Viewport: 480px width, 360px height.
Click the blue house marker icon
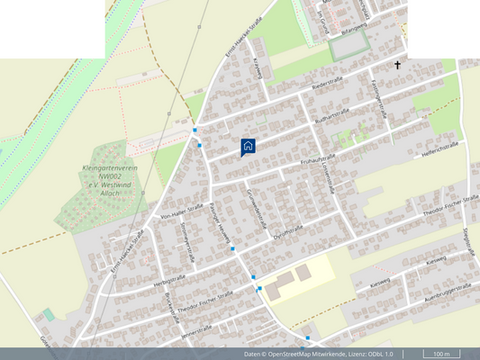click(x=249, y=146)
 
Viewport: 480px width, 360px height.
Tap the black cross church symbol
click(x=397, y=66)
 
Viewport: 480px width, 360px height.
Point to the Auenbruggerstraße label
click(x=448, y=289)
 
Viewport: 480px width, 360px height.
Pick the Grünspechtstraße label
click(x=253, y=208)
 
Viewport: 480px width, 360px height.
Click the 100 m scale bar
click(x=441, y=354)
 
